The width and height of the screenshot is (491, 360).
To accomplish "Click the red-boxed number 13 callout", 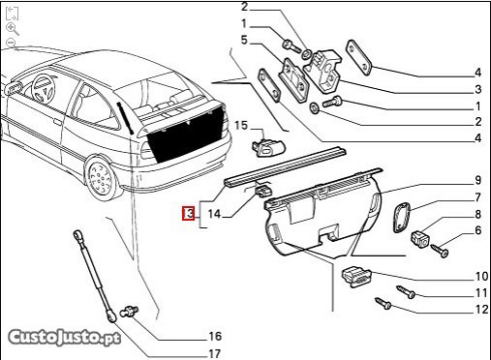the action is coord(189,213).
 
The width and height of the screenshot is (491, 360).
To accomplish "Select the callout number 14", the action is coord(214,214).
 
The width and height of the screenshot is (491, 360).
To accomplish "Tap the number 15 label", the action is coord(241,126).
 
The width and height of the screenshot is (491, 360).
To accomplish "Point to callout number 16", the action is coord(215,337).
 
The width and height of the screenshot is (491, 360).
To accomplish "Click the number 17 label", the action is coord(244,41).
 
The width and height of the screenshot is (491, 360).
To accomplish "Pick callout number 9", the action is coord(477,180).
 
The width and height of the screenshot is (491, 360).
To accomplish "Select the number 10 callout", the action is coord(481,276).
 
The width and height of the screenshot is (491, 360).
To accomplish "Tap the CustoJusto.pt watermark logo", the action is coord(64,338).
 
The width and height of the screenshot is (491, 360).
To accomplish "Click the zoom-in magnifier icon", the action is coord(13,29).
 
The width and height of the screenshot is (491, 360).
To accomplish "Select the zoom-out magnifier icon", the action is coord(12,43).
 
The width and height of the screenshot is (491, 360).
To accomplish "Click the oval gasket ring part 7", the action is coord(401,217).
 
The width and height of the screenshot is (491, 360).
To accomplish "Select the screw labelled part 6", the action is coord(440,251).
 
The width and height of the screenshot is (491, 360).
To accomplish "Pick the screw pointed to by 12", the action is coord(384,303).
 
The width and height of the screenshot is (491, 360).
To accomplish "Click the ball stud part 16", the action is coord(129,312).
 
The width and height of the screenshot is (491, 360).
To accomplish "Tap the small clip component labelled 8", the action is coord(420,239).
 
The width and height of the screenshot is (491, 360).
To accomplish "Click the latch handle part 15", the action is coord(268,148).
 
